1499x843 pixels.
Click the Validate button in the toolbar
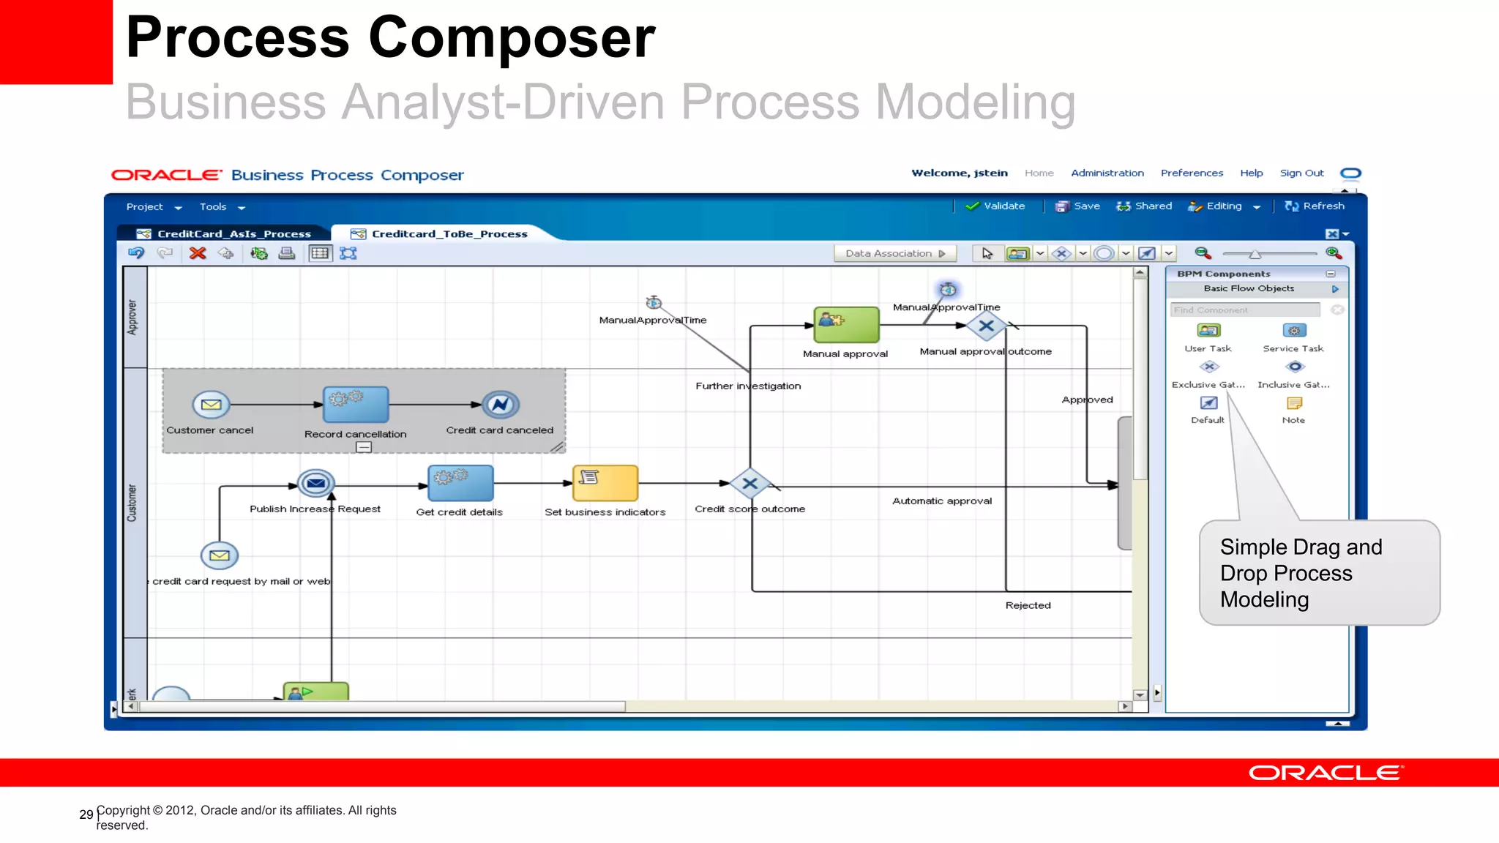[995, 206]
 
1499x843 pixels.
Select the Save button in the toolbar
[1078, 206]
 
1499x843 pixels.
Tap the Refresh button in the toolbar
[1315, 206]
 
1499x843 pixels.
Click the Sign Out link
[1301, 173]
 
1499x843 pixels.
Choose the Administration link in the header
[1107, 173]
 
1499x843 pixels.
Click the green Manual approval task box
[846, 325]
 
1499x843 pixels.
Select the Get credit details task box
[460, 484]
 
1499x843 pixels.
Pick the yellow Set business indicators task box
[605, 484]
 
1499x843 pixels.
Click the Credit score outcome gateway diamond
[749, 484]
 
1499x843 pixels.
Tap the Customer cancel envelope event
[211, 405]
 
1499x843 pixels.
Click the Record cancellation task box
[356, 405]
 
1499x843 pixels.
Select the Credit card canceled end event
[501, 404]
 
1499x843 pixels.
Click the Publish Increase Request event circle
[316, 484]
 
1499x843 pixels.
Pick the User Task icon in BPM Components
[1208, 331]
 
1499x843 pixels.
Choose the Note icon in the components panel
[1294, 403]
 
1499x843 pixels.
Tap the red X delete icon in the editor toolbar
[198, 253]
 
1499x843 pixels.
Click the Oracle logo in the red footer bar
[1326, 773]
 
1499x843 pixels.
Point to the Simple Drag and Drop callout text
[1301, 573]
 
